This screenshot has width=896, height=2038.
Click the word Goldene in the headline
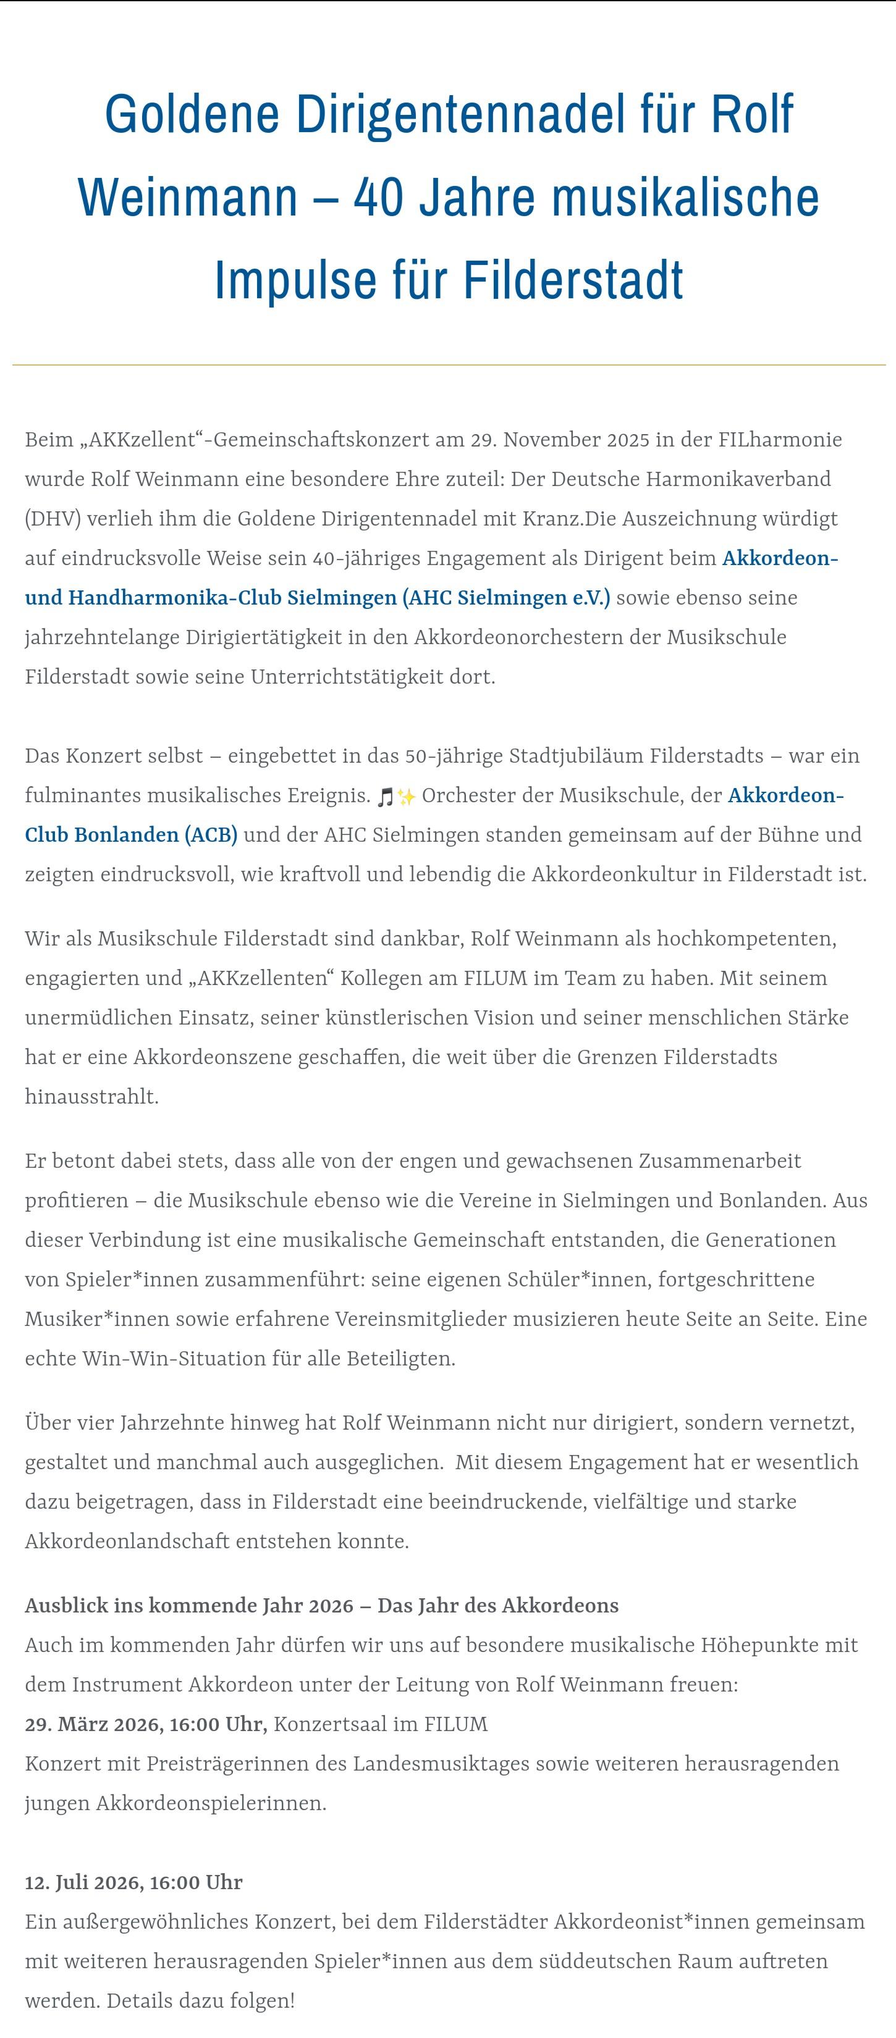tap(192, 115)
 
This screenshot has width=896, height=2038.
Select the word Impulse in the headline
tap(295, 279)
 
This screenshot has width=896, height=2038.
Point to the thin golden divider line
tap(448, 365)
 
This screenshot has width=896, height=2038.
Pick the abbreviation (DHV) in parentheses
tap(53, 518)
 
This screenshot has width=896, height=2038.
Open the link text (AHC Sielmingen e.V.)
tap(507, 597)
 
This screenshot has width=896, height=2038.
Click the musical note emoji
tap(386, 796)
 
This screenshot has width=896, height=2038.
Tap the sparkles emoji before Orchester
tap(406, 796)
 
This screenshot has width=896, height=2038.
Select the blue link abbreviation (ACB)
tap(211, 835)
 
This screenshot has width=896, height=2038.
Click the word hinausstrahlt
tap(92, 1097)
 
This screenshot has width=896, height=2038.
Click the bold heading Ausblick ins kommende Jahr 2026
tap(188, 1605)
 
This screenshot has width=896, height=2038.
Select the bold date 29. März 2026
tap(93, 1724)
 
